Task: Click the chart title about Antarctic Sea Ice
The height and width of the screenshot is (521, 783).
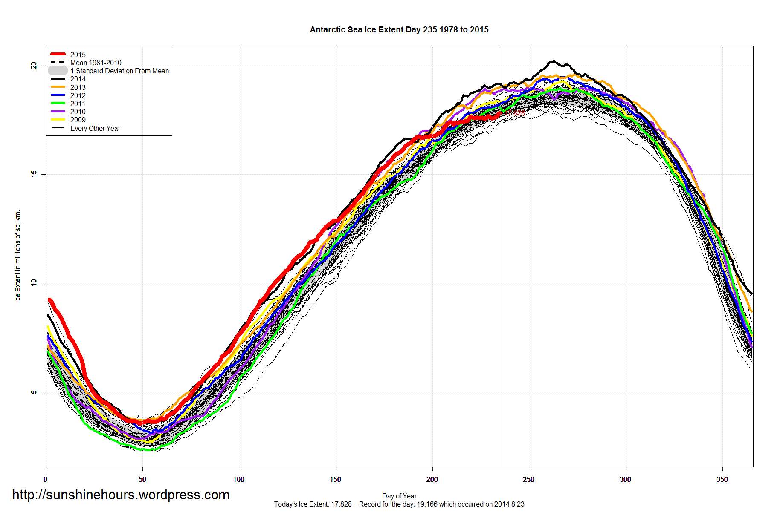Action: [x=399, y=29]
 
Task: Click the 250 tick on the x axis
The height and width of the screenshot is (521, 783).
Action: [x=528, y=479]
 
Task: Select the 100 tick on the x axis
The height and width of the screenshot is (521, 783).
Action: [x=239, y=479]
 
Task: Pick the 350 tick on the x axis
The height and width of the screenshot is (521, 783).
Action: [x=722, y=479]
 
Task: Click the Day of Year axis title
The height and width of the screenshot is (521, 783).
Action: [x=399, y=496]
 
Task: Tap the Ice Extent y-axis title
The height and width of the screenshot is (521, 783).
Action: [x=17, y=256]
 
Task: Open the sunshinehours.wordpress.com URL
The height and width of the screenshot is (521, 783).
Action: [x=121, y=495]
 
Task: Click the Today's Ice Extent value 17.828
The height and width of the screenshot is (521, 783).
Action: [x=341, y=504]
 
